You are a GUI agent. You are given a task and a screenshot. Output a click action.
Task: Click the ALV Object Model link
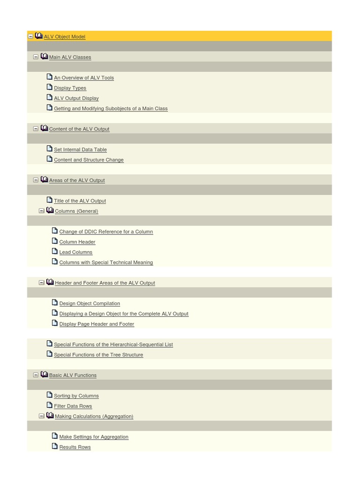[x=64, y=37]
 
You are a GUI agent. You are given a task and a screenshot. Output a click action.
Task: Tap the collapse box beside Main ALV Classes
[x=36, y=57]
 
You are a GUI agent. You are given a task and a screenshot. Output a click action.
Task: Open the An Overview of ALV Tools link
[x=83, y=78]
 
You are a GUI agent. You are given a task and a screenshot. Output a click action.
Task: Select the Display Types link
[x=70, y=88]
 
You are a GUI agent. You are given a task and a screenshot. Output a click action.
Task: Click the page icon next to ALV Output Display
[x=49, y=97]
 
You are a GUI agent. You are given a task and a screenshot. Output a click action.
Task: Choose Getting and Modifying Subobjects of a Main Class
[x=111, y=109]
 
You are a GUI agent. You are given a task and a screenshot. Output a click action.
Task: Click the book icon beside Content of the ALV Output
[x=44, y=128]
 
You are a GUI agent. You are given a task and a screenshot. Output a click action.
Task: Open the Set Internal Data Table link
[x=80, y=150]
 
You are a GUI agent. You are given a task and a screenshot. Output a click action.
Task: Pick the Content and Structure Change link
[x=89, y=160]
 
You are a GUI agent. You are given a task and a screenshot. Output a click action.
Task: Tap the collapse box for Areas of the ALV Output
[x=36, y=180]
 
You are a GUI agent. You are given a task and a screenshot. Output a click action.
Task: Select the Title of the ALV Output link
[x=80, y=201]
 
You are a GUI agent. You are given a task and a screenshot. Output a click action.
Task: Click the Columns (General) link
[x=76, y=211]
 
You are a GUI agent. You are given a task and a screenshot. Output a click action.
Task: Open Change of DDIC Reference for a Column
[x=106, y=232]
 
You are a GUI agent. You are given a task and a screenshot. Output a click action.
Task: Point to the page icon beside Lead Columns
[x=54, y=251]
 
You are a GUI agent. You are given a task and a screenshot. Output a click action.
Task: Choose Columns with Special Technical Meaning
[x=106, y=262]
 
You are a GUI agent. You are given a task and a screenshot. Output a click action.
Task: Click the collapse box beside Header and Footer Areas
[x=41, y=283]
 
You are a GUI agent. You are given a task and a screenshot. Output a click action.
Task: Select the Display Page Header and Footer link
[x=97, y=324]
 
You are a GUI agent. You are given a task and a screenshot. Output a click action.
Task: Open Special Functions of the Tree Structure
[x=98, y=355]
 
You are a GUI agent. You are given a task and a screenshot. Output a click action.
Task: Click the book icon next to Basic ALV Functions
[x=44, y=375]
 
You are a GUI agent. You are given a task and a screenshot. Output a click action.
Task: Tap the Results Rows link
[x=75, y=447]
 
